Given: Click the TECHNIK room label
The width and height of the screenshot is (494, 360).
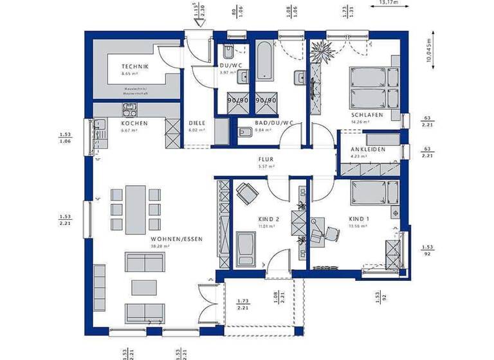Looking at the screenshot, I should coord(135,67).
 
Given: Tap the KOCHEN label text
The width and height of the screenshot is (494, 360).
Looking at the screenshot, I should coord(134,123).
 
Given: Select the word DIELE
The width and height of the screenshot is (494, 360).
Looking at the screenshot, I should coord(196,123).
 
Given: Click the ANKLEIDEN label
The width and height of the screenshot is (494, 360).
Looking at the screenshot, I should coord(369,149).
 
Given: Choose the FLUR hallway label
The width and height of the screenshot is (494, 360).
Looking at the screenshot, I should coord(266,160).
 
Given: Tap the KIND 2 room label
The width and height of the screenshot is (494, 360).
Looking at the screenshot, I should coord(250,219).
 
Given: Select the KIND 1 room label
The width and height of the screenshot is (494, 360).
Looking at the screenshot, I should coord(359,219).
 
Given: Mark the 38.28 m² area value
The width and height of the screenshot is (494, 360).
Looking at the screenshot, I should coord(159,246).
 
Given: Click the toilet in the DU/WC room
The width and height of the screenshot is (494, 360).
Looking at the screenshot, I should coord(229,53).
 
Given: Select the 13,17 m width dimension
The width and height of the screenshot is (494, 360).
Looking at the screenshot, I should coord(389,3).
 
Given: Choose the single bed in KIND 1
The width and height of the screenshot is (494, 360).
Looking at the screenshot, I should coord(375,192).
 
